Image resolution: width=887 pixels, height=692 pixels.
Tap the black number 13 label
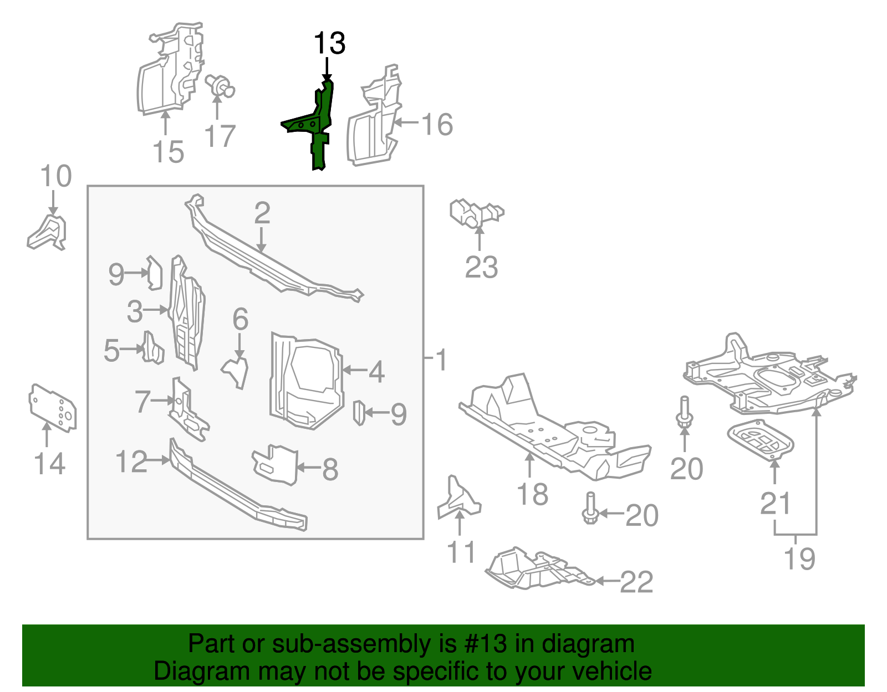[x=329, y=43]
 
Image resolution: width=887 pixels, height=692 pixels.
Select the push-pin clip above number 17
[x=220, y=86]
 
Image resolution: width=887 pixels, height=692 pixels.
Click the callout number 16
[x=437, y=124]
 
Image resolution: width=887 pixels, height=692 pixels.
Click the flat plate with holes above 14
[x=52, y=407]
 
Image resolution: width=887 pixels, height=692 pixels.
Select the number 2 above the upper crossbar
[x=262, y=213]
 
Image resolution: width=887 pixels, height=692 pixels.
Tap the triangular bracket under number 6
[x=236, y=371]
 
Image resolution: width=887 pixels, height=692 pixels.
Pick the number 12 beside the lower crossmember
[x=131, y=462]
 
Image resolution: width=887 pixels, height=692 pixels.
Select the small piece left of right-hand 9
[x=359, y=413]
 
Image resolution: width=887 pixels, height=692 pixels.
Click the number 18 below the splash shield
[x=532, y=494]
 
